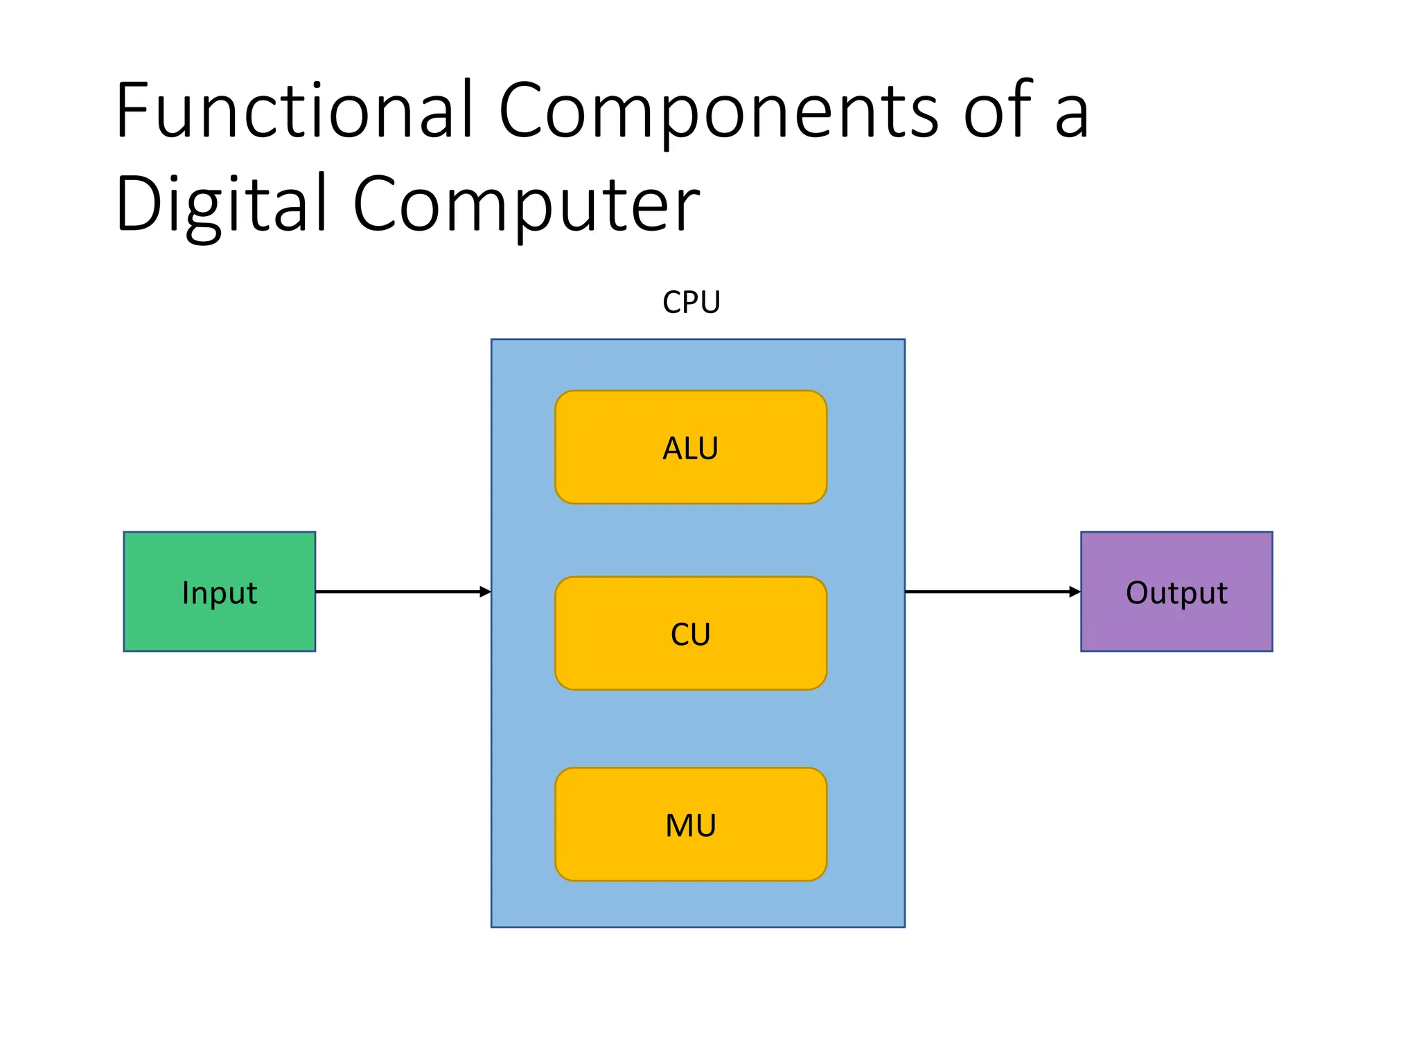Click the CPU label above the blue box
click(691, 303)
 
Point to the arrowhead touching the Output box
click(1075, 592)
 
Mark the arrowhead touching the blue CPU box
click(485, 592)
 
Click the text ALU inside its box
click(690, 449)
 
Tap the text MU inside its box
click(690, 826)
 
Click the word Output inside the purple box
click(1176, 593)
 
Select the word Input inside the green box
click(219, 594)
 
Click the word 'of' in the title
click(998, 111)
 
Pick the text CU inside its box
click(690, 635)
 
